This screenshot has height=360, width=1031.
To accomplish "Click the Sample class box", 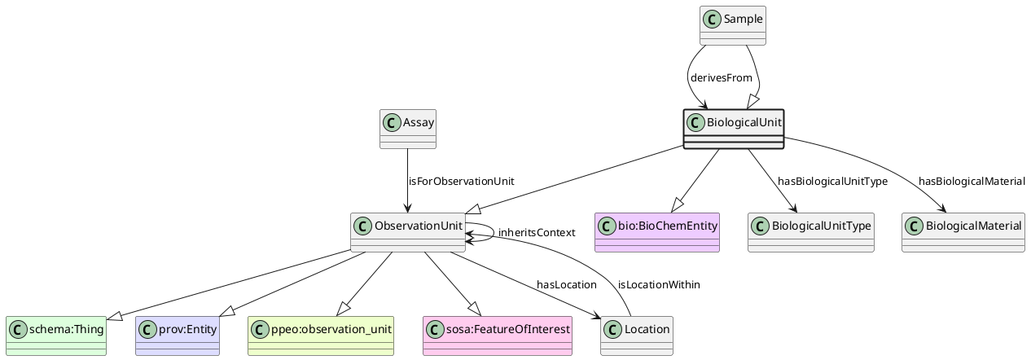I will click(733, 25).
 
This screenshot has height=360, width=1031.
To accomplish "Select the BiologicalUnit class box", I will click(733, 129).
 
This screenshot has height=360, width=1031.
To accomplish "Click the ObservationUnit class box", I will click(408, 232).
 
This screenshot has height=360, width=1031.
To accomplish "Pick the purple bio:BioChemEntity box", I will click(657, 232).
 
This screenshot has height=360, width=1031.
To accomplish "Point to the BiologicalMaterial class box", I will click(963, 232).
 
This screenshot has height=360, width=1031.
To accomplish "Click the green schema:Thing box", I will click(55, 336).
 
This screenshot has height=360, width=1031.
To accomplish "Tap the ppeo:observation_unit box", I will click(320, 336).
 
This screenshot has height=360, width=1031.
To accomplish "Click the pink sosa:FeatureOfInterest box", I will click(498, 336).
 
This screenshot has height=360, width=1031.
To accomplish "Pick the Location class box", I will click(637, 336).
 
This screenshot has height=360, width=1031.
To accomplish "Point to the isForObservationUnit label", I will click(461, 181).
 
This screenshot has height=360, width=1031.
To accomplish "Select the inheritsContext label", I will click(536, 233).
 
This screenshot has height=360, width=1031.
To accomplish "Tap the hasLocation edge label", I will click(566, 284).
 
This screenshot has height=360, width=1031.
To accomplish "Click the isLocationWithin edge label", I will click(659, 284).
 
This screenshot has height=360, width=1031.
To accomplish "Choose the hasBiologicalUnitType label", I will click(832, 181).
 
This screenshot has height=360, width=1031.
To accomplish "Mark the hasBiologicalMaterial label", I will click(972, 181).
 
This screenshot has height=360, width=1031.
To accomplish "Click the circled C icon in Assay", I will click(392, 123).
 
